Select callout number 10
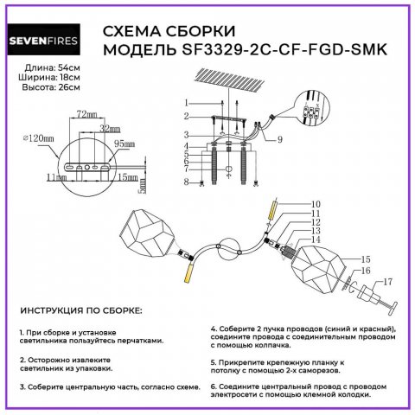coord(291,204)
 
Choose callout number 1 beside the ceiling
coord(186,102)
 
